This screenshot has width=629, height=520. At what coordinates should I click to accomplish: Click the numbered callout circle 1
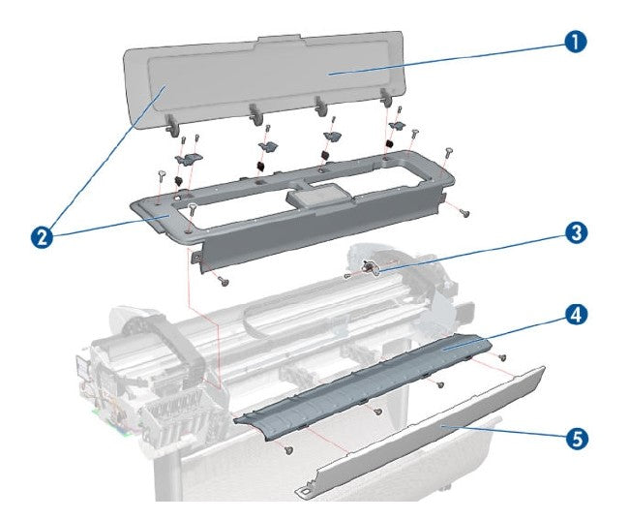click(575, 42)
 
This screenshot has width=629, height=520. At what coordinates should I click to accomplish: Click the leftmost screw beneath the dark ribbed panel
click(288, 449)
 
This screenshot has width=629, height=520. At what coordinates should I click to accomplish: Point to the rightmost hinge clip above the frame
click(397, 127)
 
